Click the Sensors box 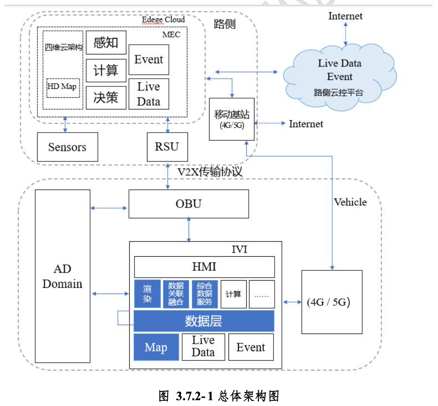click(67, 147)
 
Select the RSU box click(167, 147)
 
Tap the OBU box click(188, 204)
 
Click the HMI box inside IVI click(204, 267)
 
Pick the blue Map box click(156, 347)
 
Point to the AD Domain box click(62, 276)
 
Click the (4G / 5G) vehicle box click(332, 302)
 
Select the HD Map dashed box click(63, 87)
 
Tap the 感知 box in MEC click(106, 43)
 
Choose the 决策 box click(106, 98)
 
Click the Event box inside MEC click(148, 59)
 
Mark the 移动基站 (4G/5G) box click(232, 119)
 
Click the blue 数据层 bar click(204, 321)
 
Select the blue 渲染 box click(147, 294)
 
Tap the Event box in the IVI click(251, 347)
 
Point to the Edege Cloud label click(163, 19)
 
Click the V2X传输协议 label click(210, 172)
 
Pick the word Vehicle click(350, 202)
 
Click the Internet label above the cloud click(345, 16)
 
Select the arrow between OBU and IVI click(189, 230)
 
